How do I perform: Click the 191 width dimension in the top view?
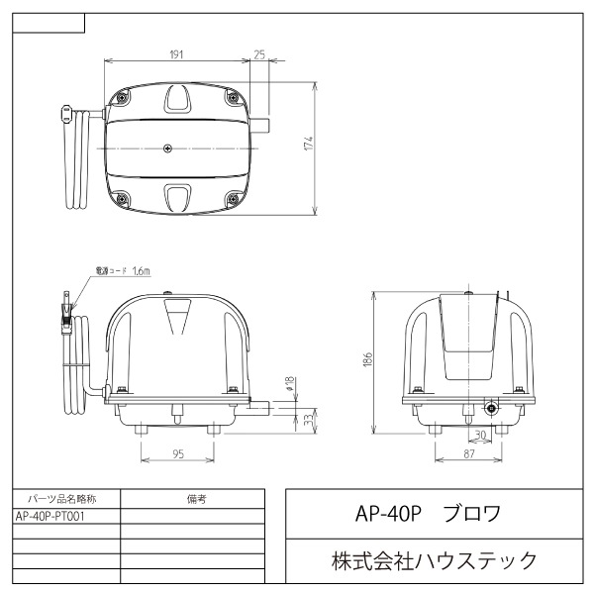click(175, 54)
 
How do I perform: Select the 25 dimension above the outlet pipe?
click(259, 54)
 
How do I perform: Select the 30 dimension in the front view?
click(480, 434)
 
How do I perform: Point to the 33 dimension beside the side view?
click(308, 420)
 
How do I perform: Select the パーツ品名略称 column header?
click(67, 499)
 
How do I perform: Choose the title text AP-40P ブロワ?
click(428, 514)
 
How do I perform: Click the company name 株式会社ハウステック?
click(434, 561)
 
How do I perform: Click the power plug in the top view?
click(67, 115)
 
